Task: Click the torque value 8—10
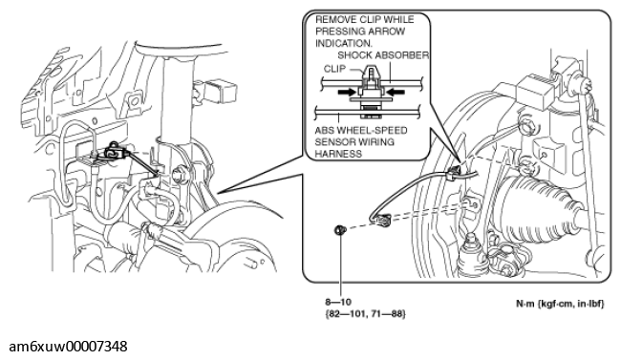338,302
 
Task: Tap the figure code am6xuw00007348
68,347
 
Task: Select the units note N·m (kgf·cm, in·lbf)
560,305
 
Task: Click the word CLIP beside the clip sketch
334,69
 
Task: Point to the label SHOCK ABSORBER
383,55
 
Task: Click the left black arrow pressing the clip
346,92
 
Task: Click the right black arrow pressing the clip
396,92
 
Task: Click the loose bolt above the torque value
340,229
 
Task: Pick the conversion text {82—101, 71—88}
365,314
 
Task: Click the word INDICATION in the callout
344,43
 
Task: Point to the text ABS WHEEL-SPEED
361,130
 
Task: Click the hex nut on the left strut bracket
179,175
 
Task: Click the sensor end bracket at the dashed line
383,219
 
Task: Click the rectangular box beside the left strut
221,91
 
